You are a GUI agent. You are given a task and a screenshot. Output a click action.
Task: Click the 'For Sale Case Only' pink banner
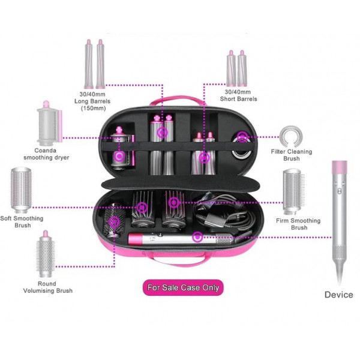point(182,287)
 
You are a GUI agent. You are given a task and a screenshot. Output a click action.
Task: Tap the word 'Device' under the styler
point(339,295)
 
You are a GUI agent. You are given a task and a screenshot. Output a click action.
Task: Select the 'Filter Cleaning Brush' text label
point(292,155)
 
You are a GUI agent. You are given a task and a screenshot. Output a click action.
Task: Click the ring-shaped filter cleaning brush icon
point(291,136)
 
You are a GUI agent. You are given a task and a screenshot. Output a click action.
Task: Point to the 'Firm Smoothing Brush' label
point(291,224)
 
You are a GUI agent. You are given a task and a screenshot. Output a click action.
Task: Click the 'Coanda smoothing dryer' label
point(46,154)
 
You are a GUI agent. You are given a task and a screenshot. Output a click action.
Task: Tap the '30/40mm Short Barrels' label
point(238,95)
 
